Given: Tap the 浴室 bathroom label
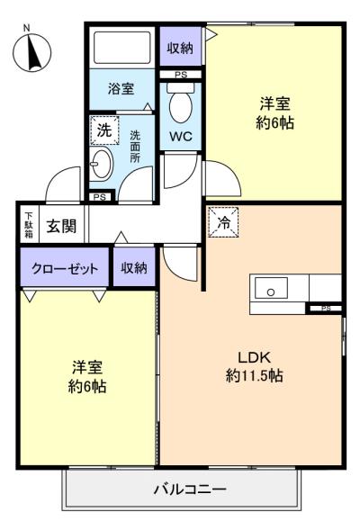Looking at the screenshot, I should tap(121, 89).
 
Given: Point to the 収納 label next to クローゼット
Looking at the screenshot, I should tap(134, 269).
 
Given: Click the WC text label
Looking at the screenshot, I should tap(181, 138).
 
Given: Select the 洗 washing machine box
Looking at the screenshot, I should tap(103, 129).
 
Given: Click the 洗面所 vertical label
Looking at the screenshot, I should tap(135, 147).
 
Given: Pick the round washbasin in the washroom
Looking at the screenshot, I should tap(103, 165).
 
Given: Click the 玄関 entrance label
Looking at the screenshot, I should tap(61, 225).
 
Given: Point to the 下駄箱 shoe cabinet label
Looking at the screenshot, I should tap(29, 225).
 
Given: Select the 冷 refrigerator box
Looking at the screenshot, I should tap(224, 221).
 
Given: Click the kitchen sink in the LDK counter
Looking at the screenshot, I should tap(270, 289).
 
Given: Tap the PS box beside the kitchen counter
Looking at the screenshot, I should tap(325, 309).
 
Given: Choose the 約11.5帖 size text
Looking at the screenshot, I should tap(254, 375).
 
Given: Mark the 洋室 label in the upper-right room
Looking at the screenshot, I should tap(275, 103).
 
